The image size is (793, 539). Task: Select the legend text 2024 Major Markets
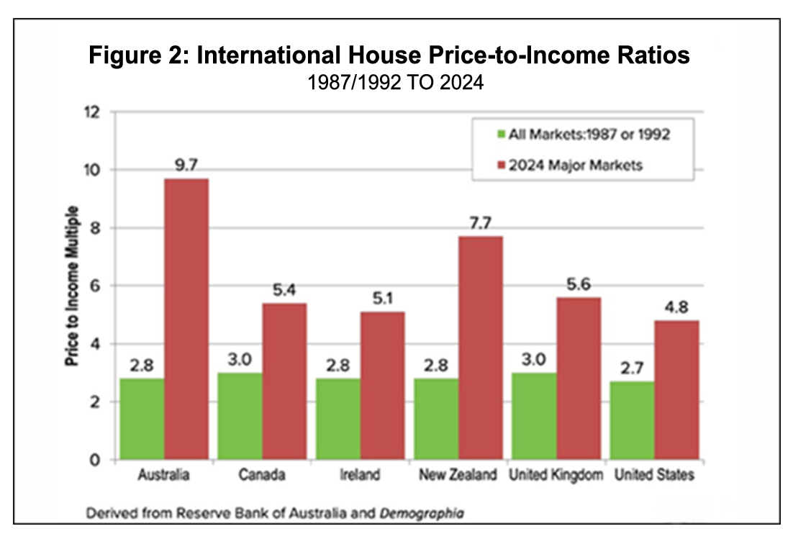(576, 165)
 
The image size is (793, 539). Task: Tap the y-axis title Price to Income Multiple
(72, 288)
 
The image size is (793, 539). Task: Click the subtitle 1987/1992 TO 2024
(395, 82)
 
